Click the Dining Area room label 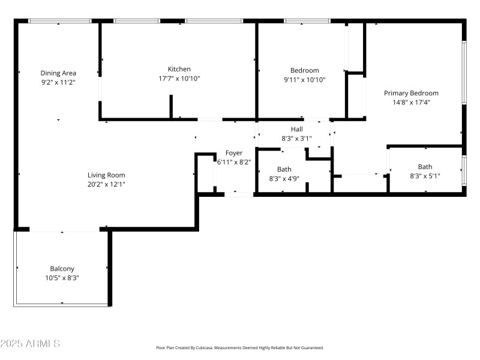point(58,73)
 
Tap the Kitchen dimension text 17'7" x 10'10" point(179,79)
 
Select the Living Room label point(106,175)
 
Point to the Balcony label point(62,269)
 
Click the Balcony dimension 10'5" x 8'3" point(62,278)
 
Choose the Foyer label point(234,153)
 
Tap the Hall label point(296,129)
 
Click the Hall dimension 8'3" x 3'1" point(296,139)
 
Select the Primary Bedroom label point(411,93)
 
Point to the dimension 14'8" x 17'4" point(411,103)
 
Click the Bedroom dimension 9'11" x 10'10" point(304,79)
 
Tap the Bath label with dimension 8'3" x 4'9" point(284,169)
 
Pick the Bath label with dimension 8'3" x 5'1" point(425,167)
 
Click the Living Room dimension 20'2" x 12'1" point(106,184)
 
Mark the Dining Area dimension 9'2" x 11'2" point(58,82)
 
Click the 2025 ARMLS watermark point(30,344)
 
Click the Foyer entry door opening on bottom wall point(238,194)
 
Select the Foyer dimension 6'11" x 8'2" point(234,162)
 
